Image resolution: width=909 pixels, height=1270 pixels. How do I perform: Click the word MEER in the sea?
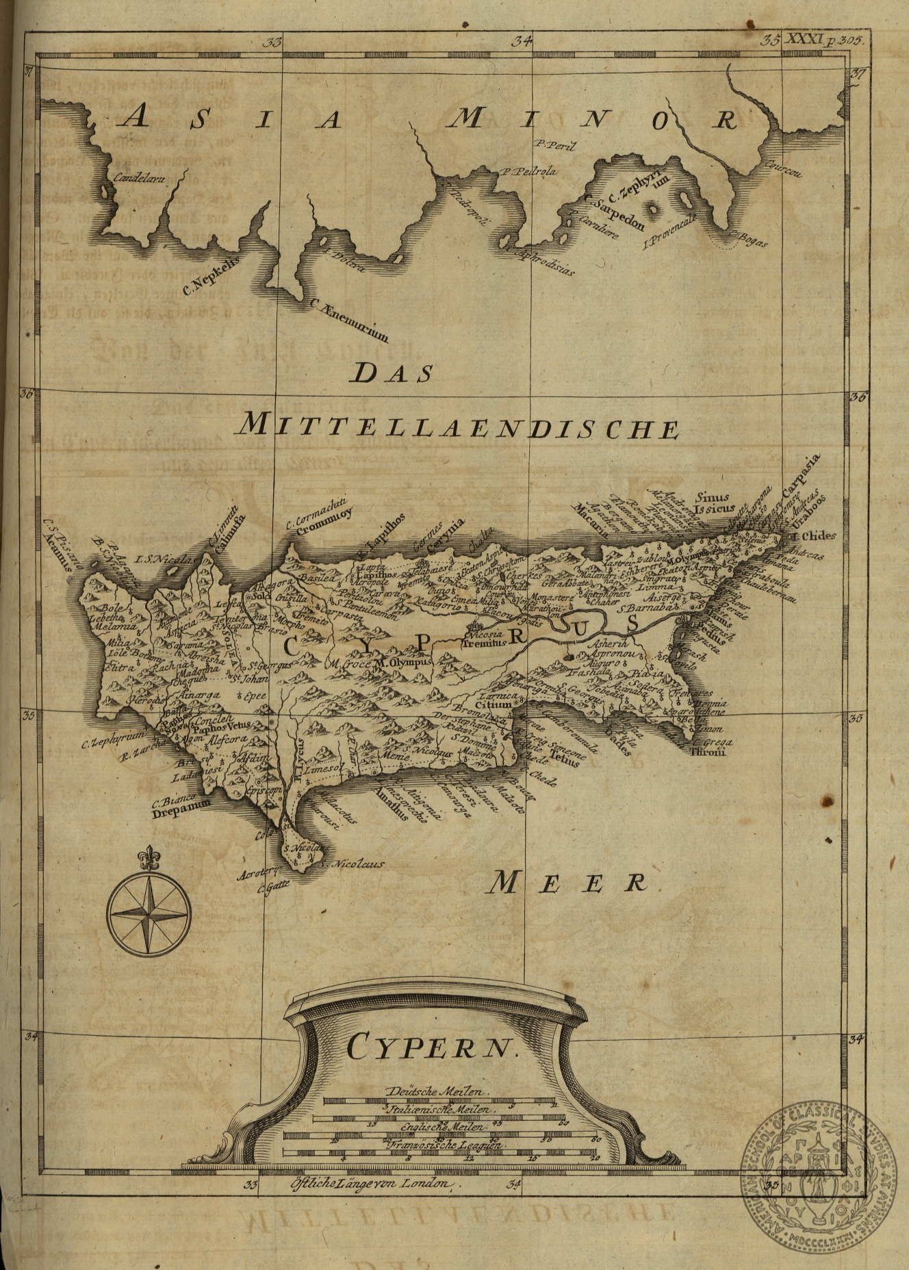pos(567,882)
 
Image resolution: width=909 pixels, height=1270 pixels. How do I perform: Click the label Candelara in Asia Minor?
pos(140,179)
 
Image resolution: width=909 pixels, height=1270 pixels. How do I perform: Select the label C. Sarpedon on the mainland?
pos(614,214)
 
